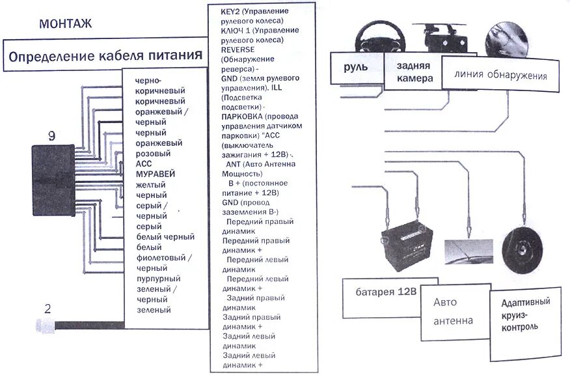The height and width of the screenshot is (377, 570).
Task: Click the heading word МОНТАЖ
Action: click(66, 25)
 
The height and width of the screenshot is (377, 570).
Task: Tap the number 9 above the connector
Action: click(51, 135)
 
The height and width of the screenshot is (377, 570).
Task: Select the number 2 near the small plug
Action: click(47, 309)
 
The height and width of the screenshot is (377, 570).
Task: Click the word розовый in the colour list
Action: click(153, 154)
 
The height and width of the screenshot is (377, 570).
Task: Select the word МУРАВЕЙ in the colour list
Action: click(156, 175)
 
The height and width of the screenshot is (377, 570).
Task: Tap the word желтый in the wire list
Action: click(151, 185)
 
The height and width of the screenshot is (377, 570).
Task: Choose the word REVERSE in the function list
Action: click(238, 49)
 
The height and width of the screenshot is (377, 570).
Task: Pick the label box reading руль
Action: click(357, 67)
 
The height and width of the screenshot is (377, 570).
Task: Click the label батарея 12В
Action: click(387, 291)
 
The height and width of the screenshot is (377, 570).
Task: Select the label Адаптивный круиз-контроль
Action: click(526, 314)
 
